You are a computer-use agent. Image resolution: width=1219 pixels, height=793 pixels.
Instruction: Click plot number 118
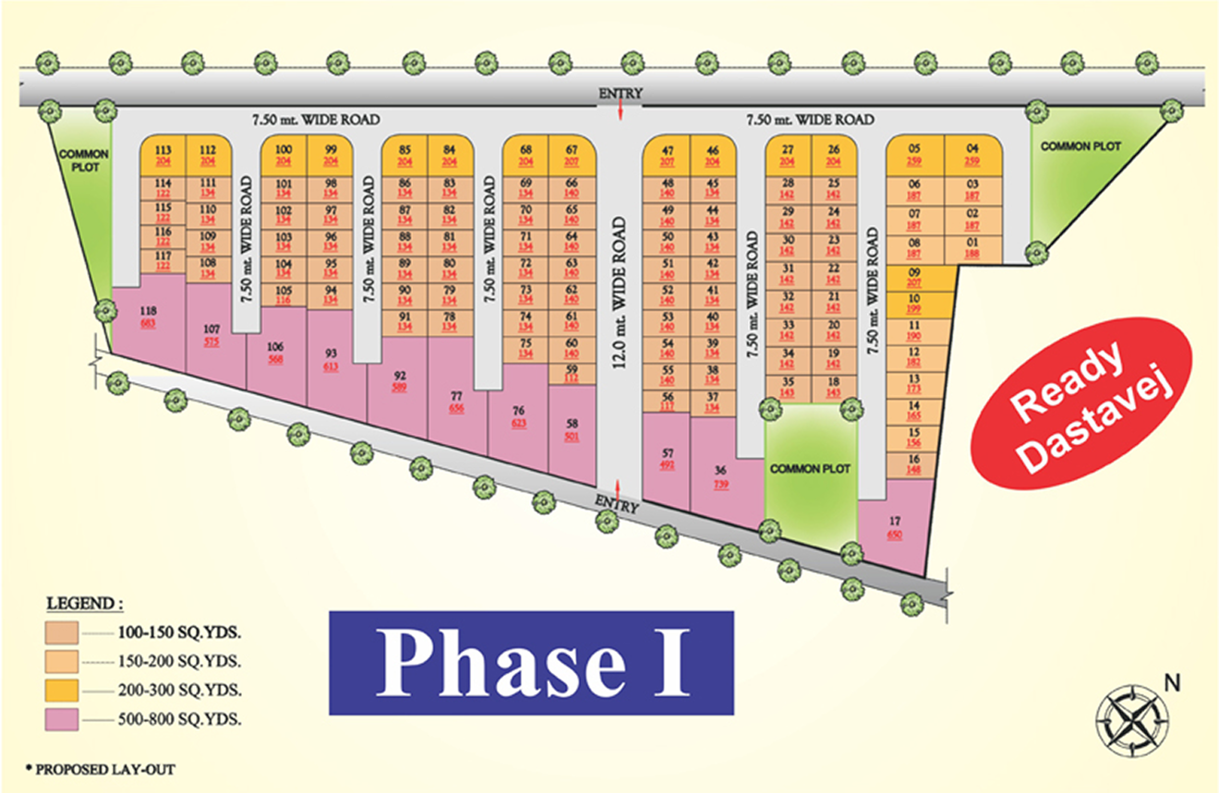148,317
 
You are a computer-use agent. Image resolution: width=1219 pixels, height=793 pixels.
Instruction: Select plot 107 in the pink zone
211,333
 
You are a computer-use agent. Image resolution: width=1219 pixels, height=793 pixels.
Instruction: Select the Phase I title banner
531,663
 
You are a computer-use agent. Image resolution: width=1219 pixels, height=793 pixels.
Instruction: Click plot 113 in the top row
163,155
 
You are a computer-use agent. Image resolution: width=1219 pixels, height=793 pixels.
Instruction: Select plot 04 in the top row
972,155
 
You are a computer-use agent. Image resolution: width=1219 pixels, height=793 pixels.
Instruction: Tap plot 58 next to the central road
572,430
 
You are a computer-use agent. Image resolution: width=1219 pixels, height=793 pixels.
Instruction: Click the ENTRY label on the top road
620,94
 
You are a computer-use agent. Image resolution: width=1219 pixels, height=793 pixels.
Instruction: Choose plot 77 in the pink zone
456,401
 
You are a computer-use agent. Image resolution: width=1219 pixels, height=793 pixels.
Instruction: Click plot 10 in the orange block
914,303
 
